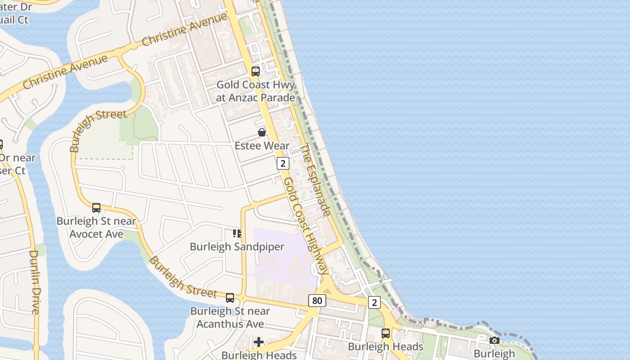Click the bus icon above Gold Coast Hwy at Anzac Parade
click(x=256, y=71)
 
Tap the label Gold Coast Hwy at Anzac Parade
click(x=256, y=91)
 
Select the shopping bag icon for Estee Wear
click(x=262, y=132)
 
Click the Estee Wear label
click(x=262, y=145)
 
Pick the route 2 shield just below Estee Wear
click(x=283, y=163)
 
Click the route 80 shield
click(x=317, y=300)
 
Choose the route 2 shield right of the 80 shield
click(x=374, y=302)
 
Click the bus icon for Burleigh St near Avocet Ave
click(x=96, y=207)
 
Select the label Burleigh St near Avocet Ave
click(x=96, y=227)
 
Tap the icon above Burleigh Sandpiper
click(x=237, y=233)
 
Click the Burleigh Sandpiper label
click(x=237, y=247)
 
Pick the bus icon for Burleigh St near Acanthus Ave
click(x=230, y=297)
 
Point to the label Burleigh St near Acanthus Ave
click(x=230, y=317)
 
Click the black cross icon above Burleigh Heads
click(x=259, y=342)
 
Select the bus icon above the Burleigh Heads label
click(x=386, y=333)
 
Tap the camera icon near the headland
click(x=495, y=340)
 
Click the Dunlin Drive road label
click(x=35, y=282)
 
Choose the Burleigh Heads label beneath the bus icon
click(x=386, y=346)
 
